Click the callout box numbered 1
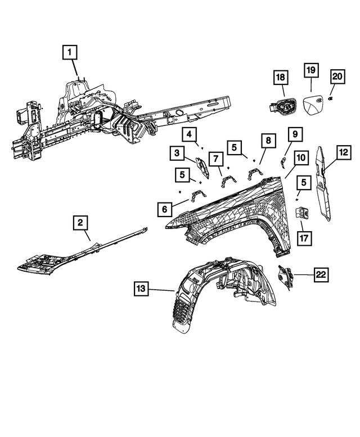[70, 53]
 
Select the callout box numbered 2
[81, 223]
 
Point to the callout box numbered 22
[321, 274]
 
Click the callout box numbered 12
[343, 151]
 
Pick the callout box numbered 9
[294, 134]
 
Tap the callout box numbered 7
[214, 159]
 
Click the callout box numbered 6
[165, 209]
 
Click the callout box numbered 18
[281, 77]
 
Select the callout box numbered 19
[311, 71]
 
